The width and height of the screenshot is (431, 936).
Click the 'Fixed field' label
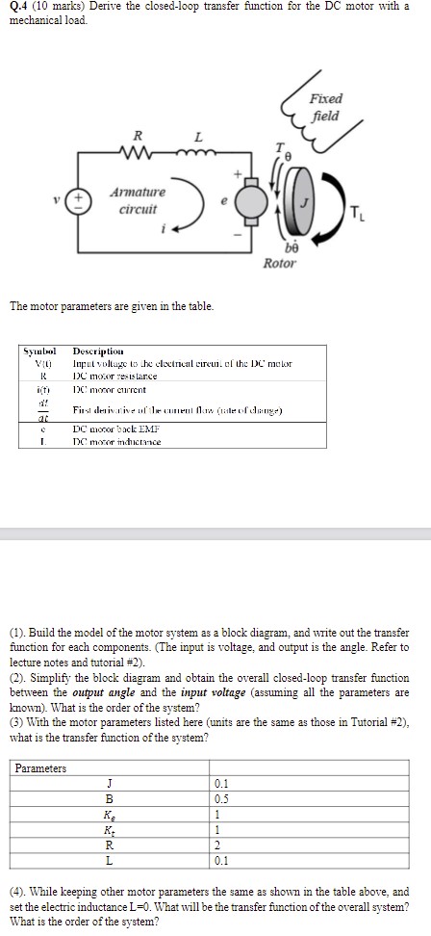click(x=326, y=107)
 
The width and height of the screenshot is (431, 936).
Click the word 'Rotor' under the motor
click(x=280, y=263)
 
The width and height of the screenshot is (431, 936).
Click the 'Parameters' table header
click(x=40, y=768)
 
